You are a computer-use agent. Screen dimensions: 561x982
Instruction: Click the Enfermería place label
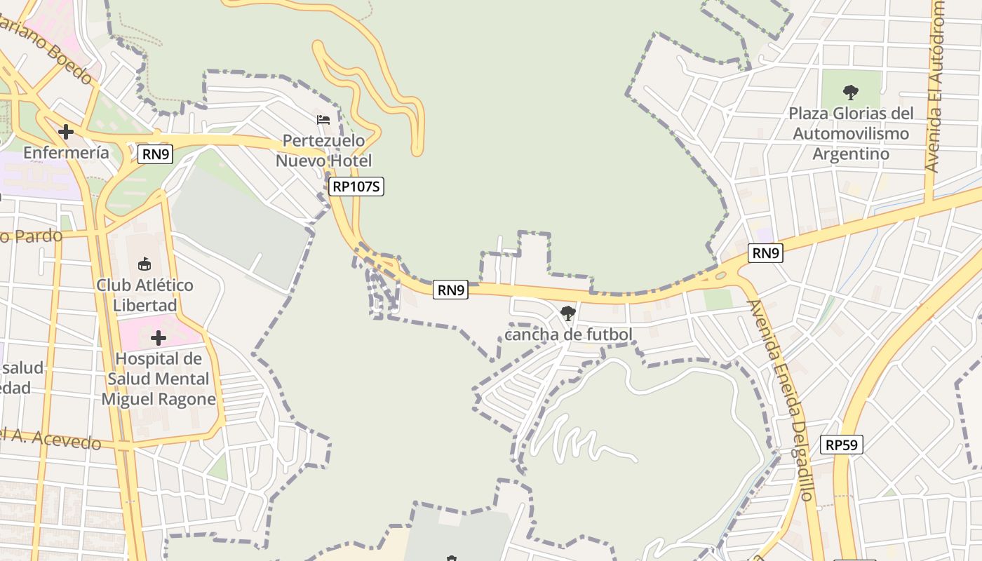(x=66, y=152)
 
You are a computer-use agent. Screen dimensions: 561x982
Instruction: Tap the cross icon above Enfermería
(x=66, y=131)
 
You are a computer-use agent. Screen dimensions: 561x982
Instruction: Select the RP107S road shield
(x=357, y=186)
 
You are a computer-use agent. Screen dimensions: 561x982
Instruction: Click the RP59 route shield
(x=842, y=444)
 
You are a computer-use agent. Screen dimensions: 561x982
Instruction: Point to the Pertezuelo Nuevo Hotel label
(x=323, y=151)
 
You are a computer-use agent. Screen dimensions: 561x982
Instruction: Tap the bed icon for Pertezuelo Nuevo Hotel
(x=323, y=119)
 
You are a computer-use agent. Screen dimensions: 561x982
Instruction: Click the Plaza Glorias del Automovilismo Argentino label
(x=851, y=133)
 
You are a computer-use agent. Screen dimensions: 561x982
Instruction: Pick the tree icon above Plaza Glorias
(x=851, y=92)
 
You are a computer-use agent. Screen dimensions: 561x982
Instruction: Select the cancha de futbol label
(x=568, y=334)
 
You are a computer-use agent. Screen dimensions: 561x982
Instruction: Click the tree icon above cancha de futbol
(x=568, y=313)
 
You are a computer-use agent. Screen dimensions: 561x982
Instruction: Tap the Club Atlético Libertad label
(x=144, y=295)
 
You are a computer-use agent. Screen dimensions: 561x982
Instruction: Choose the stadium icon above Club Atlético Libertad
(x=144, y=264)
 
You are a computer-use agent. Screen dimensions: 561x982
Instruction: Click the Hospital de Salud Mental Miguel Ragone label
(x=159, y=379)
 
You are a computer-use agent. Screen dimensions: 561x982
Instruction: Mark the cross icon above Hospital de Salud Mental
(x=159, y=338)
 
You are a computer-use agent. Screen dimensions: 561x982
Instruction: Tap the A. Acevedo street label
(x=52, y=439)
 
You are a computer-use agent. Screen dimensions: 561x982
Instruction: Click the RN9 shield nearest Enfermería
(x=155, y=154)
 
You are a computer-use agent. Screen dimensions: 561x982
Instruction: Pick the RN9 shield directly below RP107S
(x=450, y=289)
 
